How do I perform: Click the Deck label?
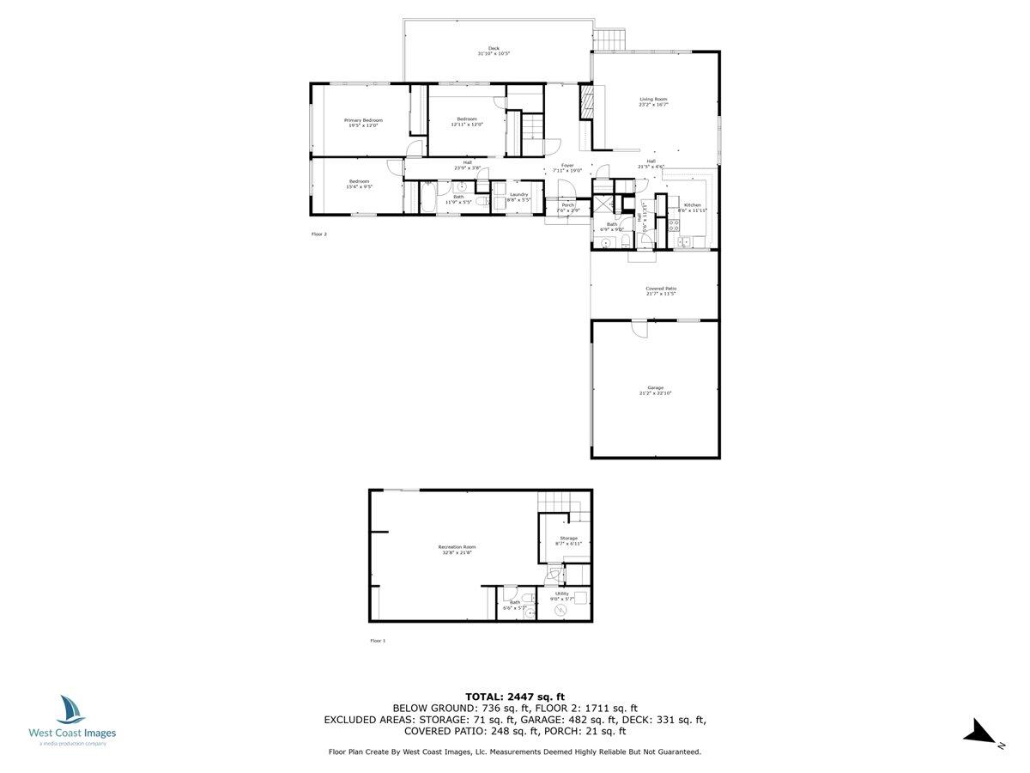tap(494, 48)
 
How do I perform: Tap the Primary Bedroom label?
tap(363, 120)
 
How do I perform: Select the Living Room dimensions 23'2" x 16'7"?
tap(653, 105)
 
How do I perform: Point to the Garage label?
tap(655, 387)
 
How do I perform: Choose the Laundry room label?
tap(518, 194)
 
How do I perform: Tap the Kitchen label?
tap(692, 205)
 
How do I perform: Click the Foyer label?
tap(567, 166)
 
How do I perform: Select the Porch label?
tap(568, 205)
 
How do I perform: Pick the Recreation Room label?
tap(457, 547)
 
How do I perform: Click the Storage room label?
tap(569, 539)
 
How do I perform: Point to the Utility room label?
tap(562, 593)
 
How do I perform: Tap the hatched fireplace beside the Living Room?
tap(588, 101)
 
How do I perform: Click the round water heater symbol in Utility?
tap(560, 610)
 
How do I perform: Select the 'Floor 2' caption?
tap(319, 234)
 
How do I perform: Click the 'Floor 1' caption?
tap(378, 641)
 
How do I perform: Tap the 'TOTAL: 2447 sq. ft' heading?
tap(515, 697)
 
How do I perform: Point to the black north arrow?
tap(978, 733)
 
